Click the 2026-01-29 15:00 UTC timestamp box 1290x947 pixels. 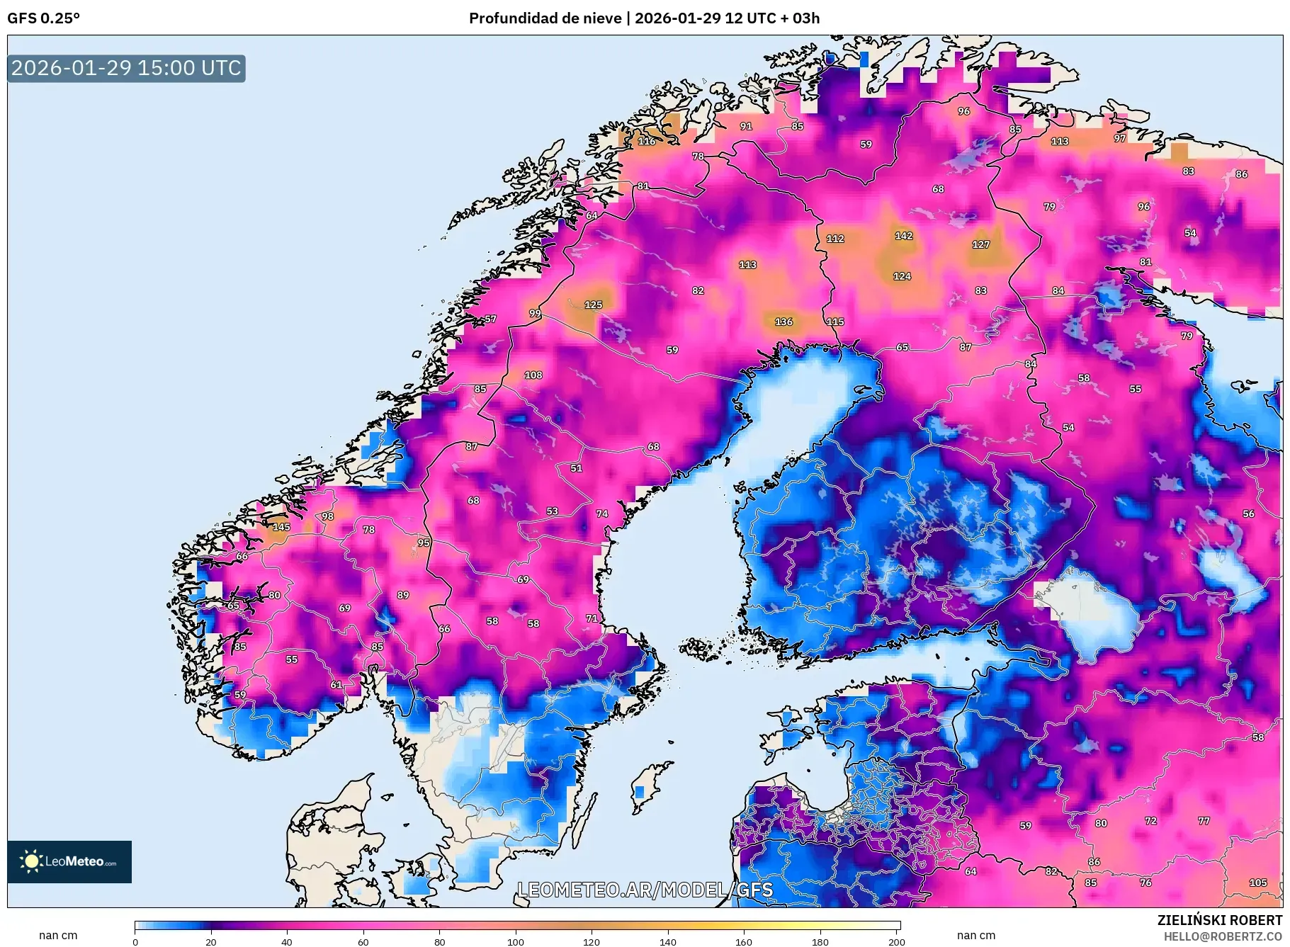point(126,68)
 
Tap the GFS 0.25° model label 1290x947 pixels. point(43,18)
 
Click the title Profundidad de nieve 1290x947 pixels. point(545,18)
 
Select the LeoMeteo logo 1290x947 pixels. point(69,861)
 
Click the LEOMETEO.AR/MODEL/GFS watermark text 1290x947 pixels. point(645,890)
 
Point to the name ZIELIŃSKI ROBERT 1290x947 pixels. point(1219,920)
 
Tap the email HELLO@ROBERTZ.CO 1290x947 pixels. point(1222,936)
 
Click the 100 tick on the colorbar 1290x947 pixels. point(516,942)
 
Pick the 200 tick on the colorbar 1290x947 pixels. point(896,942)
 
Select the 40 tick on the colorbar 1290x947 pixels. point(286,942)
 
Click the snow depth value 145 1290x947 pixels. point(281,527)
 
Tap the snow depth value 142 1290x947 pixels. point(903,236)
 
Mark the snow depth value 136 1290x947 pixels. point(783,322)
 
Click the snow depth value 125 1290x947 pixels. point(593,305)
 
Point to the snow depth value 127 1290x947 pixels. point(980,244)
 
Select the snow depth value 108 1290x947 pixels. point(533,375)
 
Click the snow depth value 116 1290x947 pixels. point(646,141)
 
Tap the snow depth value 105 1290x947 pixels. point(1257,883)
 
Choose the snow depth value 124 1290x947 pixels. point(902,276)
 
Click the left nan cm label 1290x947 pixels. point(58,936)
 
